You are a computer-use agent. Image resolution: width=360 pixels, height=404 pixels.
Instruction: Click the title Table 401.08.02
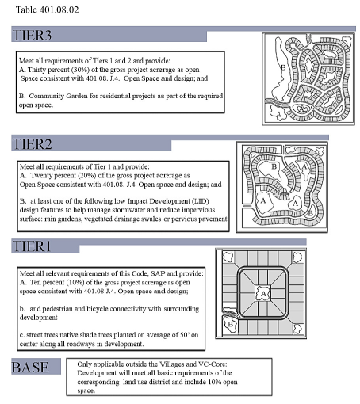(x=48, y=10)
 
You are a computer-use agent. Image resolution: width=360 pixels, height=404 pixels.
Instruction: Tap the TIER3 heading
(x=32, y=36)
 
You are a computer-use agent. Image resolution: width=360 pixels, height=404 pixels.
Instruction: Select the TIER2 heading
(x=32, y=144)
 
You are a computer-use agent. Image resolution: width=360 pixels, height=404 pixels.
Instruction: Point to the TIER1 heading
(x=31, y=246)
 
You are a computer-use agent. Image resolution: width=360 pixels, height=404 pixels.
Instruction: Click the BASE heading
(x=30, y=367)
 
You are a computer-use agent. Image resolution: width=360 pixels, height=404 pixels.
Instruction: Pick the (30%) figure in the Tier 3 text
(x=80, y=70)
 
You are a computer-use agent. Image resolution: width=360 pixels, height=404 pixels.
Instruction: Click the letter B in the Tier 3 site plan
(x=283, y=68)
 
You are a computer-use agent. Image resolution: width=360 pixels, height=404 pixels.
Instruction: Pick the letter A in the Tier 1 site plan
(x=263, y=294)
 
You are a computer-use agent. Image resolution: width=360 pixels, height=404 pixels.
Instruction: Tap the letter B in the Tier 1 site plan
(x=230, y=324)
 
